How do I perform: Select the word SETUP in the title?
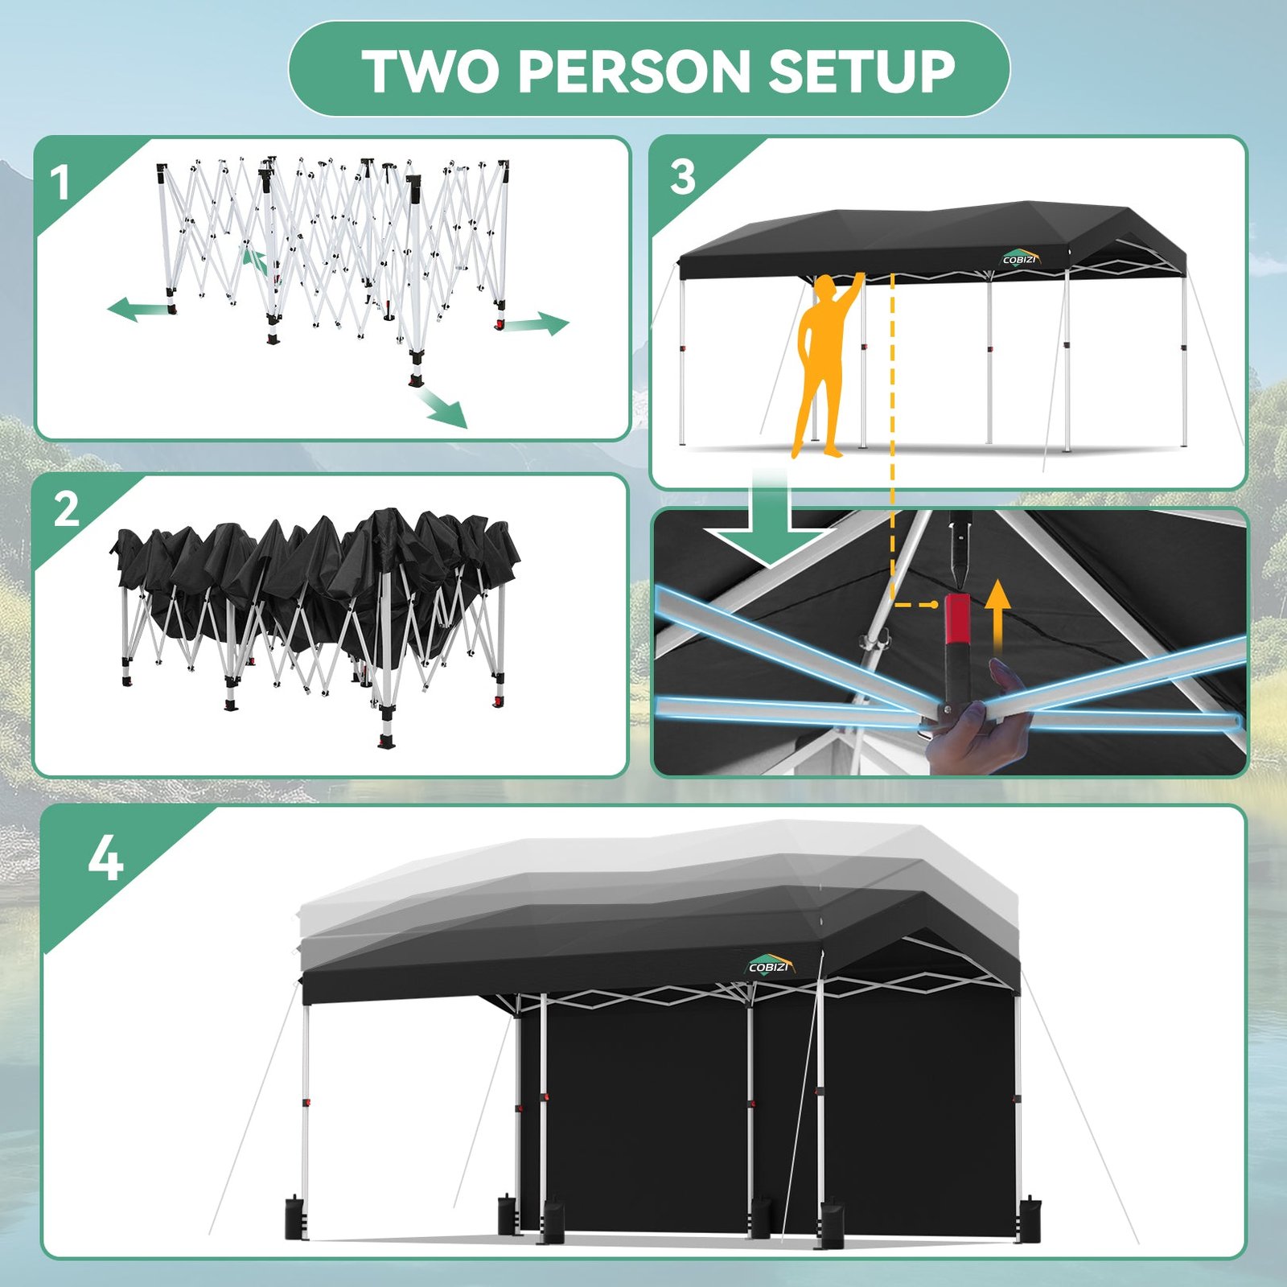(861, 71)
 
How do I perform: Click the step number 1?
(60, 183)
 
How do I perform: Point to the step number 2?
(66, 509)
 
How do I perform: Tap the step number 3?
(683, 176)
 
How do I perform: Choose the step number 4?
(105, 858)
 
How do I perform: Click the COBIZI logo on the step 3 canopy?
(1021, 259)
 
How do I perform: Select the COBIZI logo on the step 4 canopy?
(770, 965)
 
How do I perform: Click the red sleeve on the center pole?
(957, 619)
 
